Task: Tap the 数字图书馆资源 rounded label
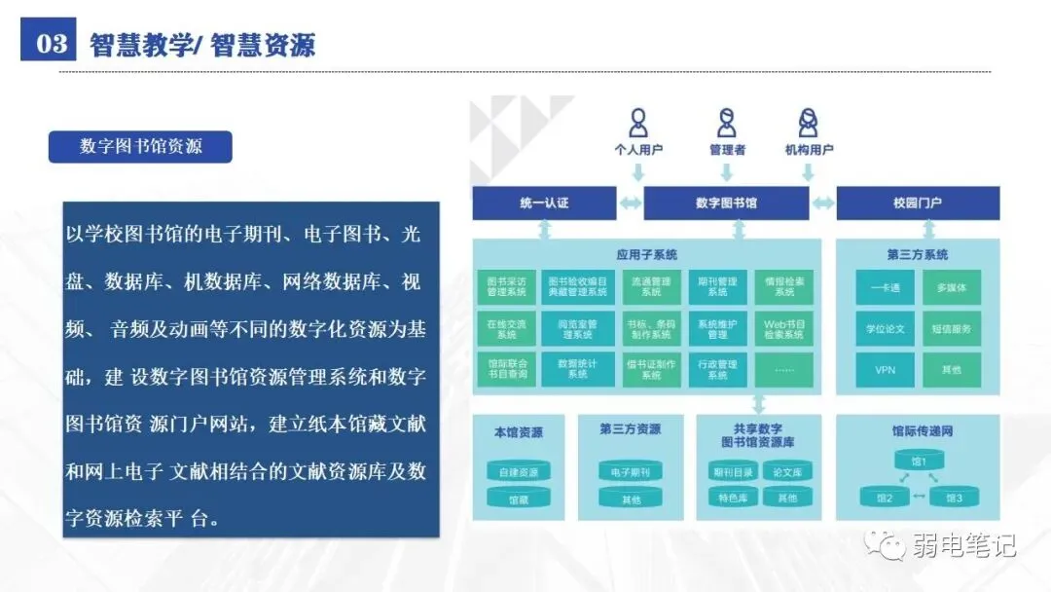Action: (141, 147)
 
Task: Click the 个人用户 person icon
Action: (638, 124)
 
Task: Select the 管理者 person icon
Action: (727, 124)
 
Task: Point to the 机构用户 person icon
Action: (808, 124)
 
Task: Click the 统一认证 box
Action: (544, 203)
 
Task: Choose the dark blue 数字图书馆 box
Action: (726, 203)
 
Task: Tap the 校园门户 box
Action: (918, 203)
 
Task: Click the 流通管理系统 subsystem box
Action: (651, 286)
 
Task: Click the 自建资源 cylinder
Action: (518, 472)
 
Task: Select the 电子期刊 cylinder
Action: (630, 472)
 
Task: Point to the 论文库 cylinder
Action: (786, 472)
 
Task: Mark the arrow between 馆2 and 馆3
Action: (918, 497)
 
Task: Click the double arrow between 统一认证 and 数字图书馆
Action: (630, 203)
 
